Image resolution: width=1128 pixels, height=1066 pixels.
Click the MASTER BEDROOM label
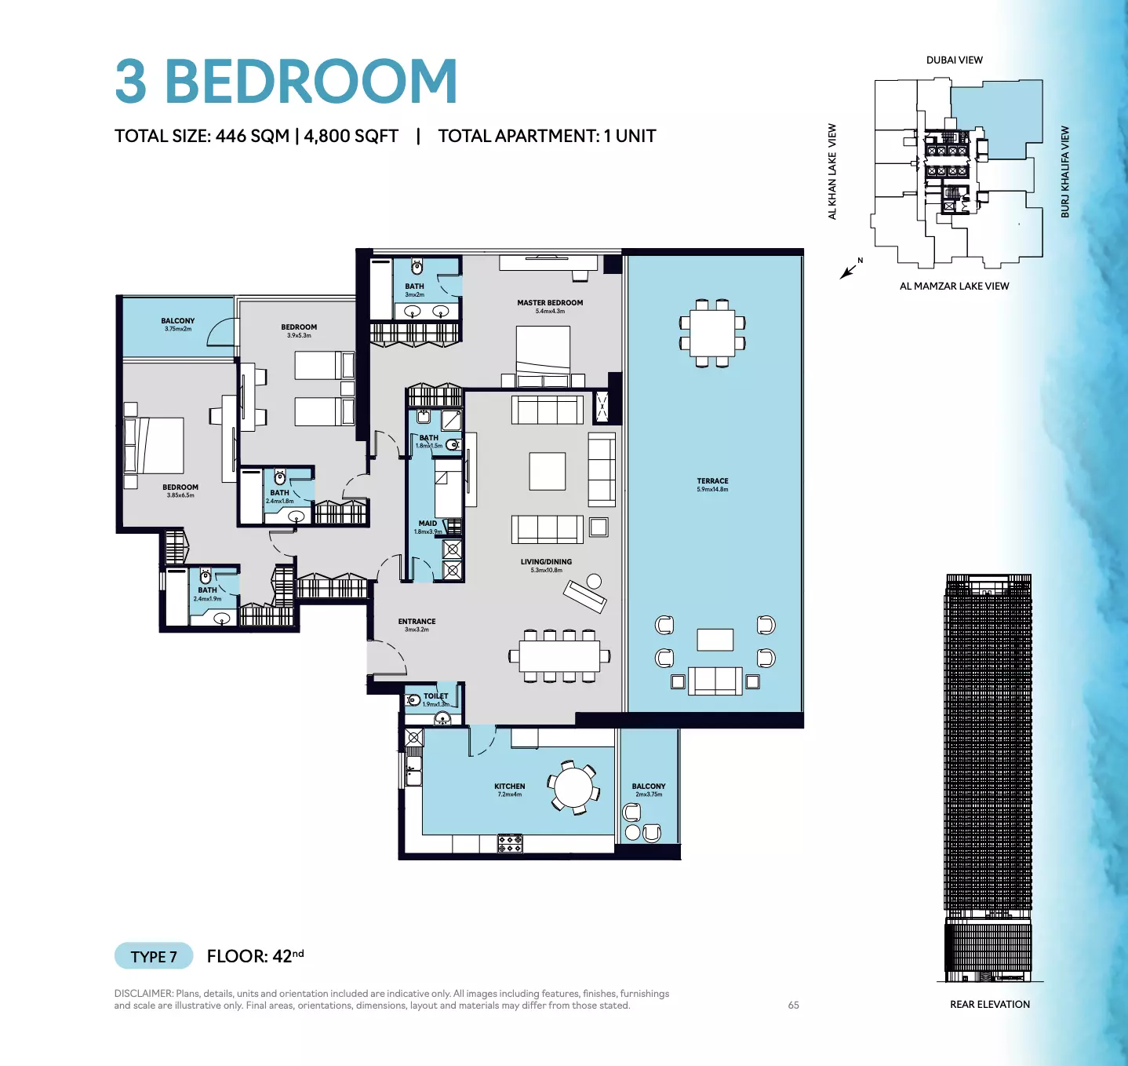click(x=550, y=302)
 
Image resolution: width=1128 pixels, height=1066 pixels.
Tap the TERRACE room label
click(x=712, y=480)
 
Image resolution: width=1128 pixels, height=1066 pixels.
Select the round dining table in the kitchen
click(x=573, y=787)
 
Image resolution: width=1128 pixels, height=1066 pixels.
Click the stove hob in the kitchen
click(x=509, y=844)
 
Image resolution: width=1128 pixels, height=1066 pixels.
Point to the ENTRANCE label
click(x=417, y=622)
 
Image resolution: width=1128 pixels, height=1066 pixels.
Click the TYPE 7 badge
click(x=153, y=956)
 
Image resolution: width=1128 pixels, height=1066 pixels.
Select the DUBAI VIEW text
click(x=954, y=60)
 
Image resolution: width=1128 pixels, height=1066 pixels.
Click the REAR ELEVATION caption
click(x=989, y=1005)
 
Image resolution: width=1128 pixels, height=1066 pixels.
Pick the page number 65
click(x=793, y=1006)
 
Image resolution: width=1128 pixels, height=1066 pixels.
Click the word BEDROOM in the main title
click(x=311, y=82)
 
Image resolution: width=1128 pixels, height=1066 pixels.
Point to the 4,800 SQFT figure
click(x=351, y=137)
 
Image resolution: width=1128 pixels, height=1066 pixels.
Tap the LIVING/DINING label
click(x=546, y=562)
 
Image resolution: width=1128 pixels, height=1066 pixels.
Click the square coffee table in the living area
click(x=547, y=471)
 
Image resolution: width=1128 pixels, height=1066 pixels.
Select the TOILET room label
click(x=435, y=696)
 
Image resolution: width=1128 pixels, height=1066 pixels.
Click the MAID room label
click(x=428, y=524)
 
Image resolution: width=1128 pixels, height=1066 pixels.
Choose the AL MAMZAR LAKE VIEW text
click(x=954, y=287)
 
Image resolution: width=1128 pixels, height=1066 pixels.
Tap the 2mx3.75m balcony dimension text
click(x=649, y=794)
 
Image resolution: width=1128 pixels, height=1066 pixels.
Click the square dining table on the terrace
click(x=712, y=333)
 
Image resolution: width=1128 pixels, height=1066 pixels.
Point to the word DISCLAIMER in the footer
click(x=143, y=994)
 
